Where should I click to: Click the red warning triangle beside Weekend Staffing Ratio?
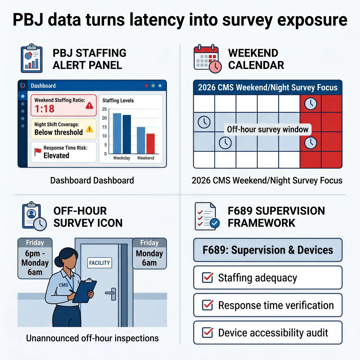coord(89,106)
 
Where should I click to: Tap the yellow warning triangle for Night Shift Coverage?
coord(89,129)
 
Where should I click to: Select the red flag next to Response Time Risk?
coord(38,152)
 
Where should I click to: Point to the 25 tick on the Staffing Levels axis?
coord(104,109)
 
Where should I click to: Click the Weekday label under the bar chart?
coord(121,158)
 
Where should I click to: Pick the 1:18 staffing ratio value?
coord(44,109)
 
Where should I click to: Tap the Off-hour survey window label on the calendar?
coord(268,130)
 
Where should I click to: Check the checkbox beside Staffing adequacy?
coord(208,278)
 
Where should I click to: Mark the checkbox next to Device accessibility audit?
coord(208,333)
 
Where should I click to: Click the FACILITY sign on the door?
coord(99,263)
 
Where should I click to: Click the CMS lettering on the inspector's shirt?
coord(63,285)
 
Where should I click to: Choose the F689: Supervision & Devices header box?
coord(268,250)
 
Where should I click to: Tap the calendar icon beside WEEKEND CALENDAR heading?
coord(207,59)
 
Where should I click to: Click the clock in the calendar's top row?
coord(310,104)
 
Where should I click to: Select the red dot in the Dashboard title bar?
coord(146,86)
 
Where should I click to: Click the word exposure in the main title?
coord(312,20)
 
